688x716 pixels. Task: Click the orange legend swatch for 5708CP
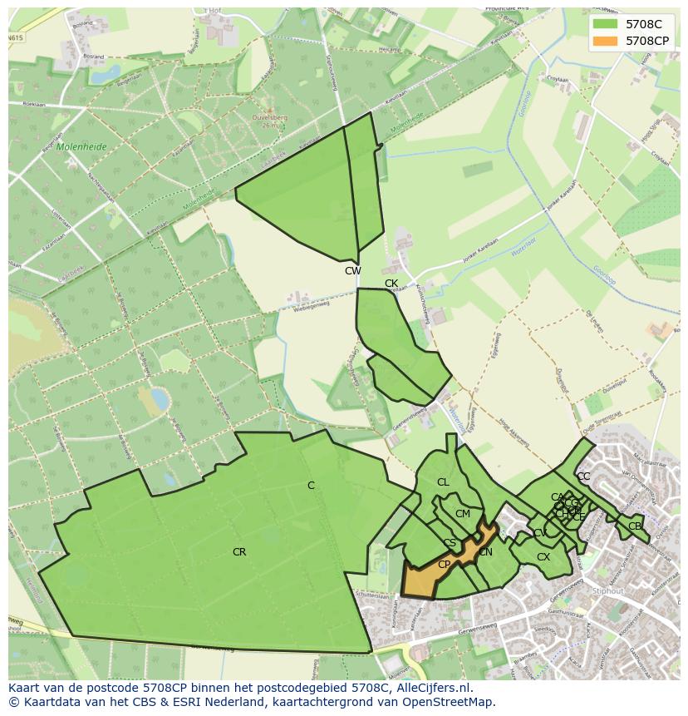tap(604, 40)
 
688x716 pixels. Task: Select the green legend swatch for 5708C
tap(604, 24)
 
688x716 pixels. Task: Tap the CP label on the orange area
tap(444, 565)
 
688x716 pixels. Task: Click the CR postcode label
tap(239, 552)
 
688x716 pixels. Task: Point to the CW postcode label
tap(353, 271)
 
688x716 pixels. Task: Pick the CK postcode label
tap(391, 284)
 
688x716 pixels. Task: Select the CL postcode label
tap(443, 482)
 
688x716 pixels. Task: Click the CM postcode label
tap(463, 514)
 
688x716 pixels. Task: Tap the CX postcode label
tap(543, 557)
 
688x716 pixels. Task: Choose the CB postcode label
tap(635, 526)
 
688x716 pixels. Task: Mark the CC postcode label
tap(583, 477)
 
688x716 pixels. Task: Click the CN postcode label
tap(486, 552)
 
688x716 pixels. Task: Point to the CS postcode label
tap(450, 544)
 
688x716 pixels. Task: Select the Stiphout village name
tap(608, 591)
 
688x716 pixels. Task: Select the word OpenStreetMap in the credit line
tap(454, 702)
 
